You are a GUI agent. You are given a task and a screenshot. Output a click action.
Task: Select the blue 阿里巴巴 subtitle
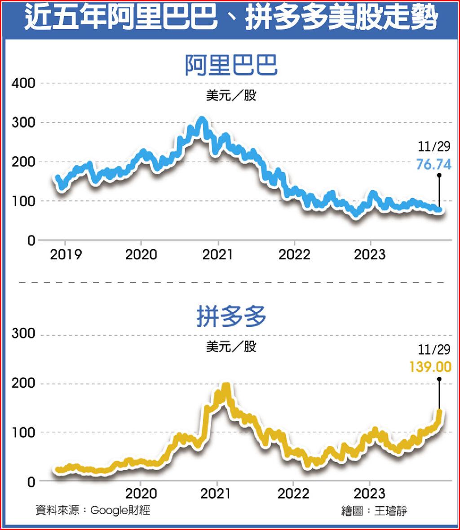tap(231, 66)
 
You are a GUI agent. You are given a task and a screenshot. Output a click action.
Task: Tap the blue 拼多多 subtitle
tap(231, 317)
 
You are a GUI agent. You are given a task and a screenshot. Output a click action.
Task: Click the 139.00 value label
tap(430, 367)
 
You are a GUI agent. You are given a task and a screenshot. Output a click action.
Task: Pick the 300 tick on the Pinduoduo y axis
tap(23, 334)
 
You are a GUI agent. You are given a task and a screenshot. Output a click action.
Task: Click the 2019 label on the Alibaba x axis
tap(66, 254)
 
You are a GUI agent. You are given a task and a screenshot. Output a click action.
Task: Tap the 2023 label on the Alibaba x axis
tap(369, 254)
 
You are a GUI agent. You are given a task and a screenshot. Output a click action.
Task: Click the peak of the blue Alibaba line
tap(202, 120)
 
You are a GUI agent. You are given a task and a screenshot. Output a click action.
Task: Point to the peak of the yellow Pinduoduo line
tap(226, 386)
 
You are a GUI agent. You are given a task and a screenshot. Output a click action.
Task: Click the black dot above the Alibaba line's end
tap(438, 175)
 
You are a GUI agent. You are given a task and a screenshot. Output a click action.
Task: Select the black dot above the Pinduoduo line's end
tap(438, 379)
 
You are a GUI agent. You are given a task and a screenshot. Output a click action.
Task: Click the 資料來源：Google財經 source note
tap(93, 510)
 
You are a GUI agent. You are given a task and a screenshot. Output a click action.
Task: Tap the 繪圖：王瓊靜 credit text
tap(374, 511)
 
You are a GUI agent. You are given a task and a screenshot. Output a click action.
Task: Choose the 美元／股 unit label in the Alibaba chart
tap(231, 96)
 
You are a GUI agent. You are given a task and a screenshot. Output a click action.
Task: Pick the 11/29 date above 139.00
tap(433, 350)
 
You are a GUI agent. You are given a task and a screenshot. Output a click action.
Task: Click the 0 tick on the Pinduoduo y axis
tap(30, 481)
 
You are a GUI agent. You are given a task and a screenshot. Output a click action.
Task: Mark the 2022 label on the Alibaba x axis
tap(294, 254)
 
